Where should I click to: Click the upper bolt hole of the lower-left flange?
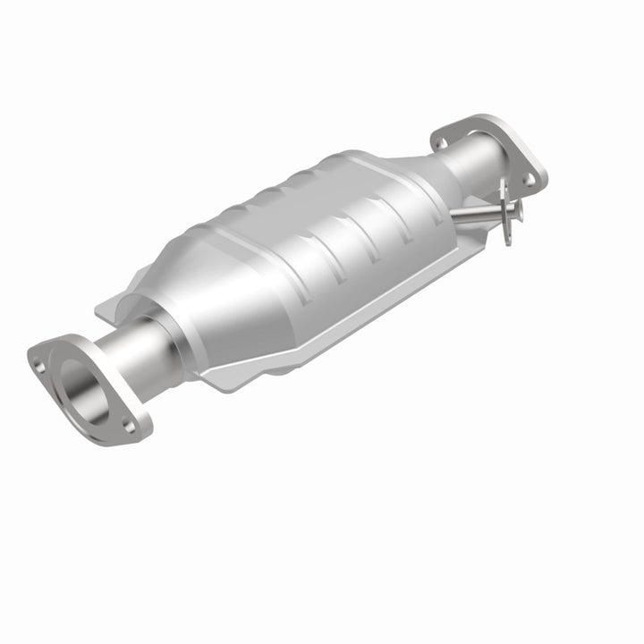coord(38,363)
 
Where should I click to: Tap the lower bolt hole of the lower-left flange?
coord(130,427)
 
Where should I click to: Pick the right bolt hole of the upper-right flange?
coord(529,178)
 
